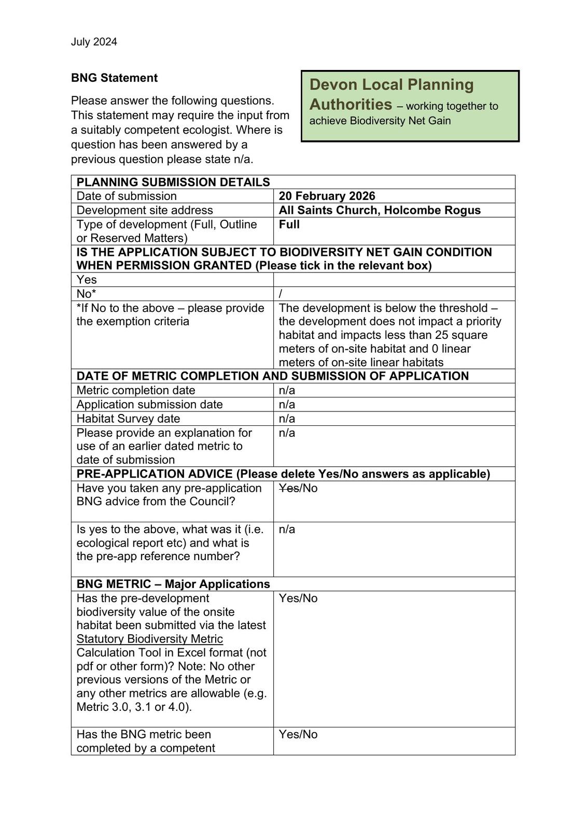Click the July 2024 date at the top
pos(94,42)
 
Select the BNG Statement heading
pos(114,78)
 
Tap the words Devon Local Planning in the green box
pos(392,84)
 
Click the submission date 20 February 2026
pos(327,196)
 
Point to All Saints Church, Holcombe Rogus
pos(380,210)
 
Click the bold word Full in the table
pos(289,224)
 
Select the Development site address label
pos(145,210)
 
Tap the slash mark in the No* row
pos(281,294)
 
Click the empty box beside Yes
pos(394,280)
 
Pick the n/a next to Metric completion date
pos(287,390)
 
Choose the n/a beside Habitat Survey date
pos(287,419)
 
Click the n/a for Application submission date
pos(287,404)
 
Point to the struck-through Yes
pos(288,488)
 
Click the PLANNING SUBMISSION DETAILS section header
pos(173,182)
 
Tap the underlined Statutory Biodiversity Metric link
pos(150,639)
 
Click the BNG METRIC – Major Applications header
pos(173,584)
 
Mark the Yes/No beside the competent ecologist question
pos(298,734)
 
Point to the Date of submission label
pos(127,196)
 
